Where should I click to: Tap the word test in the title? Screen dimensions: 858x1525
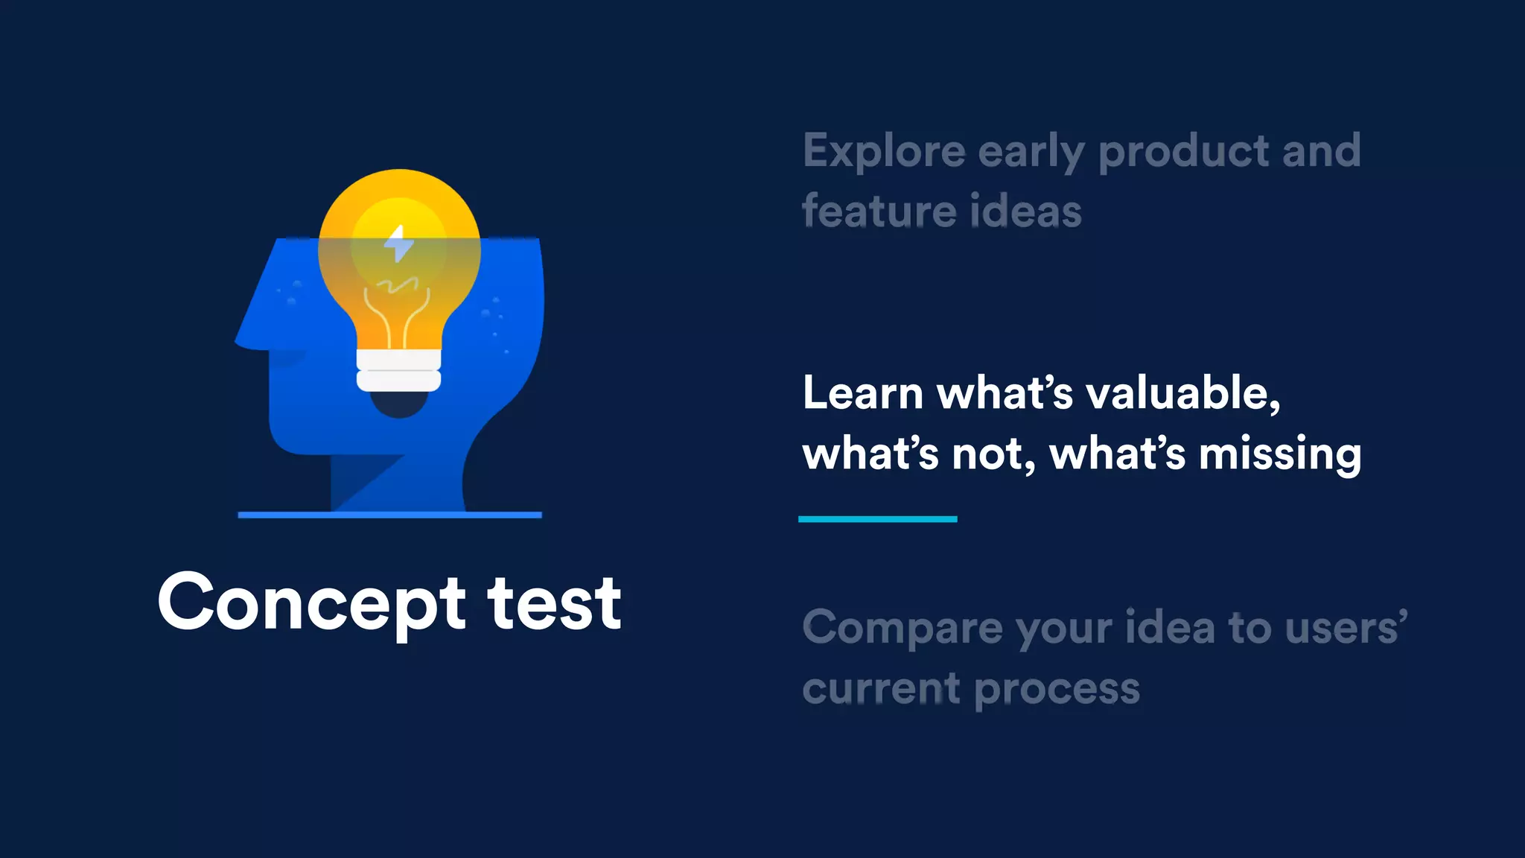tap(554, 603)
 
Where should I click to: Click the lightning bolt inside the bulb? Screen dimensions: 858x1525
tap(399, 244)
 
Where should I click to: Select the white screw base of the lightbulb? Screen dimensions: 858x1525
tap(399, 370)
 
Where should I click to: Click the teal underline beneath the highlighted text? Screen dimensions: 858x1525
tap(877, 519)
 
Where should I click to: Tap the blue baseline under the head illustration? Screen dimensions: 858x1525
tap(389, 515)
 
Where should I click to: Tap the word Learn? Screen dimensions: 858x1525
tap(862, 393)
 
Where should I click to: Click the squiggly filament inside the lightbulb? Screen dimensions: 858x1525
tap(397, 285)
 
